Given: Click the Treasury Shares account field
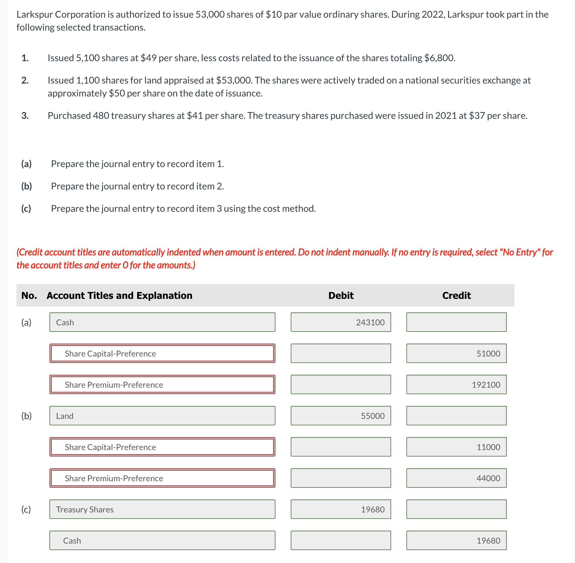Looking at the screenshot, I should pos(162,509).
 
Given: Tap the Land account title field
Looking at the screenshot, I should pos(162,415).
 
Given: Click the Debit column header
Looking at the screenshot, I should pos(341,295).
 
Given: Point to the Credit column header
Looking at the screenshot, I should pos(456,295).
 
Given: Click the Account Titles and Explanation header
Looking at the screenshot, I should pos(119,295).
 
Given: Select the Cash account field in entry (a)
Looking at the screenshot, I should pos(162,322).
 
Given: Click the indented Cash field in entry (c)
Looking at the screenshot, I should pos(162,540).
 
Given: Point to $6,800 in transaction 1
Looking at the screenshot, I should pos(439,58).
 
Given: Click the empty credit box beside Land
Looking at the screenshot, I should pos(456,415).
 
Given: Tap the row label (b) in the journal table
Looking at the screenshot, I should pos(26,416).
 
